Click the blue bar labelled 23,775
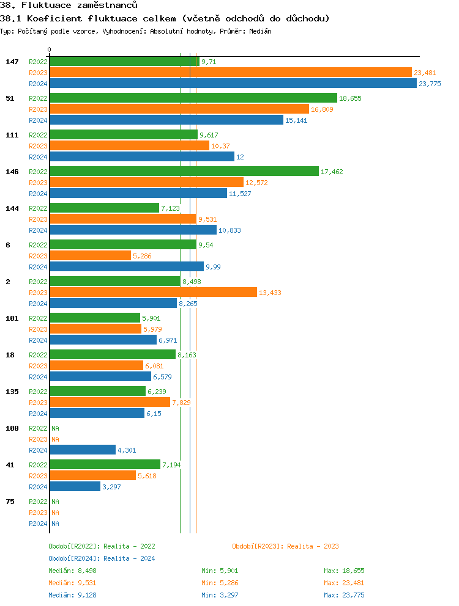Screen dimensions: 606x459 click(233, 84)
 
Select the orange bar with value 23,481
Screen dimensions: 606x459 click(231, 73)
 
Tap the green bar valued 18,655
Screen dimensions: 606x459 click(193, 98)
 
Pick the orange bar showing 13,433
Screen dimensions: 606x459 click(153, 293)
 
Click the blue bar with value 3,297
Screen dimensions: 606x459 click(75, 487)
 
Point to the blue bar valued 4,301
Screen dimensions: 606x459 click(83, 450)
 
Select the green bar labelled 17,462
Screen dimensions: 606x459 click(184, 172)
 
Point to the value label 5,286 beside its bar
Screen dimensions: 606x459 click(142, 256)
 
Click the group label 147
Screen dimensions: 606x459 click(12, 62)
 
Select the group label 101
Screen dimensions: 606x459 click(12, 318)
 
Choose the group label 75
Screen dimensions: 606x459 click(10, 502)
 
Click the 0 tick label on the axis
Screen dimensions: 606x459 click(50, 49)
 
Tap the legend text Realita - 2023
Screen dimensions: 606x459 click(313, 546)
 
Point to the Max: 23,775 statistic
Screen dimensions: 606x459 click(344, 595)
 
